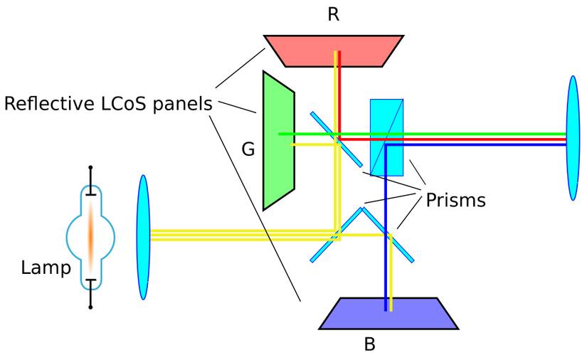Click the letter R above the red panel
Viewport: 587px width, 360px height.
[x=333, y=14]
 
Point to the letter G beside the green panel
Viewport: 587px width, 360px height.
[x=248, y=150]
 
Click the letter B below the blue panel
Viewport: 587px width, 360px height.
[x=369, y=345]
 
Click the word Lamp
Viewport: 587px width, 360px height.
[x=46, y=268]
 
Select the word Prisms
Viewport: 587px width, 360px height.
[x=455, y=201]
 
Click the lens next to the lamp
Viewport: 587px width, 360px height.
[x=143, y=237]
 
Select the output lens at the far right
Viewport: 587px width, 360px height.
[x=573, y=138]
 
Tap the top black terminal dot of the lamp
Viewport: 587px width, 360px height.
[x=90, y=169]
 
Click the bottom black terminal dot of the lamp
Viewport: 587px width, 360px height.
[x=90, y=307]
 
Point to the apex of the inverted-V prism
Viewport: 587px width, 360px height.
[x=363, y=208]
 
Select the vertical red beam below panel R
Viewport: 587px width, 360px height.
[x=339, y=92]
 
